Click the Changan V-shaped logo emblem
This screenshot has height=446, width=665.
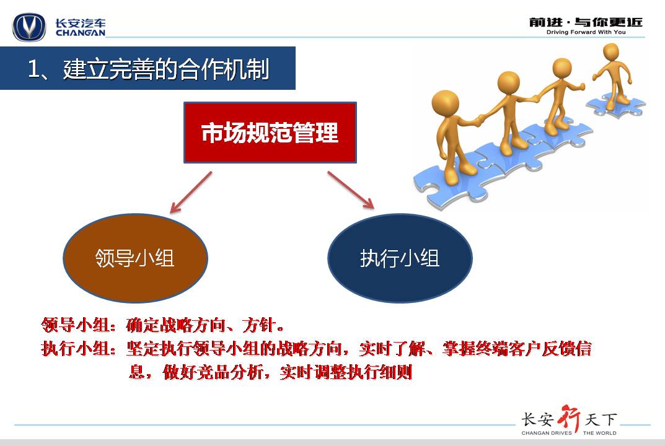pyautogui.click(x=29, y=27)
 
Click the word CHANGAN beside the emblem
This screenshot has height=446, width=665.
pyautogui.click(x=80, y=33)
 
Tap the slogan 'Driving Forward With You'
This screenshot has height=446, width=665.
pyautogui.click(x=586, y=32)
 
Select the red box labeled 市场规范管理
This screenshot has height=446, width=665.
pyautogui.click(x=270, y=133)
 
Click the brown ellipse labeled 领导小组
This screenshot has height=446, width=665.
pyautogui.click(x=135, y=258)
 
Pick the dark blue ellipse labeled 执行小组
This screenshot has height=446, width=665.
pyautogui.click(x=400, y=258)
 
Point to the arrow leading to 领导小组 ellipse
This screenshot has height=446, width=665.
pyautogui.click(x=191, y=193)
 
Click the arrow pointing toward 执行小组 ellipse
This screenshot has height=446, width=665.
pyautogui.click(x=351, y=190)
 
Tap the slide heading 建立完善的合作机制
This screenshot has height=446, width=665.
pyautogui.click(x=166, y=69)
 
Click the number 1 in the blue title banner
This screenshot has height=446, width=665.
pyautogui.click(x=33, y=69)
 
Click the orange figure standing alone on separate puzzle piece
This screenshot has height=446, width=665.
pyautogui.click(x=612, y=76)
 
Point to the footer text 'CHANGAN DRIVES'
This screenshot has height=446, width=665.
pyautogui.click(x=547, y=433)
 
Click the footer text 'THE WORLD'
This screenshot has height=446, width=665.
pyautogui.click(x=600, y=433)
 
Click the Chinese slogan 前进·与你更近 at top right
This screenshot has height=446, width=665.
pyautogui.click(x=586, y=22)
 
